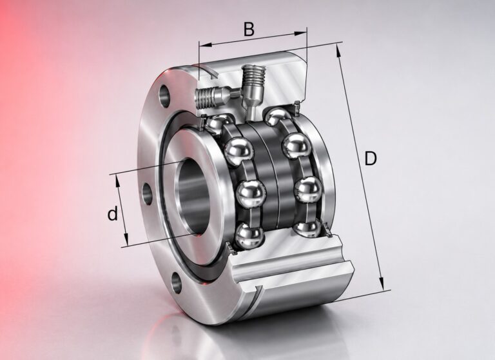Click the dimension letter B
(249, 30)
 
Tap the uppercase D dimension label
(371, 158)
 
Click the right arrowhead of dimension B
(300, 33)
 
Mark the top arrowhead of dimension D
(338, 51)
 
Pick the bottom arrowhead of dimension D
(382, 283)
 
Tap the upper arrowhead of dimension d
(118, 182)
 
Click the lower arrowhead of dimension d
(126, 239)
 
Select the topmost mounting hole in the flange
(164, 95)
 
